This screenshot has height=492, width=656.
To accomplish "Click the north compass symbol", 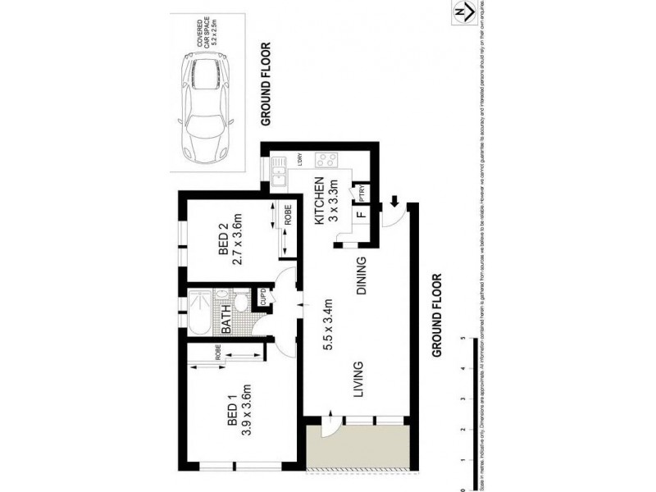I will click(x=463, y=12).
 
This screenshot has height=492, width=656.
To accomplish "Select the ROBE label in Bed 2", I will click(x=288, y=218).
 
